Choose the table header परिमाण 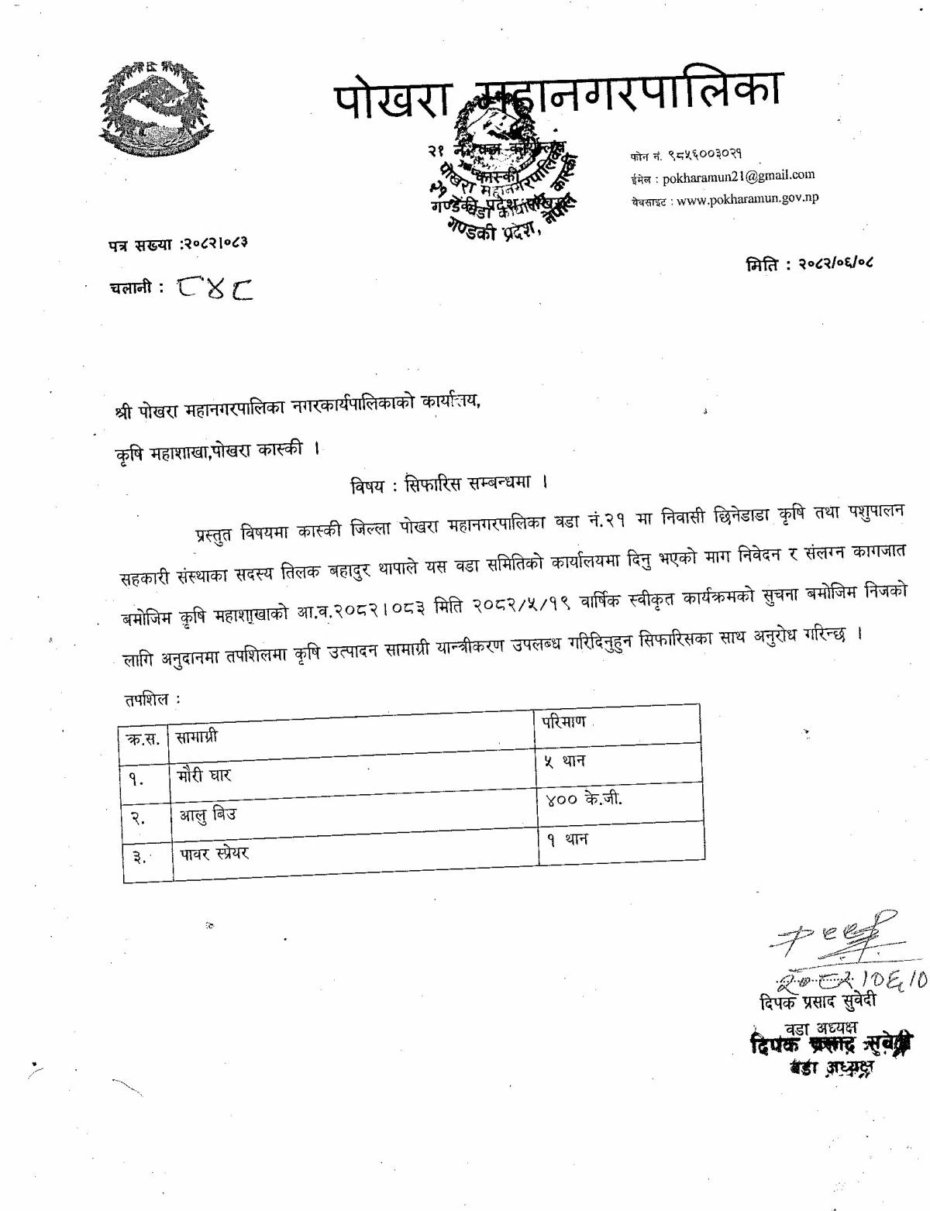click(563, 722)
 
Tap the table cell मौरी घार click(204, 775)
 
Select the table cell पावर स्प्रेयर click(215, 854)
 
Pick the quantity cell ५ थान click(564, 761)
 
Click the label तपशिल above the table click(148, 700)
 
